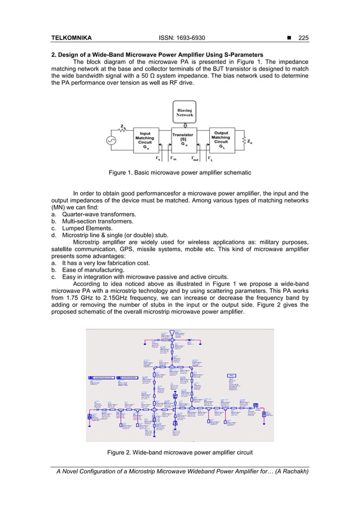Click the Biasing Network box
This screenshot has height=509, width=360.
pos(185,112)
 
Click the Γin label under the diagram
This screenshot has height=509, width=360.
pos(174,159)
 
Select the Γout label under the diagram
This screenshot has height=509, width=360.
pos(195,159)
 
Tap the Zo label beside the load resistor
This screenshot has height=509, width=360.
pos(249,142)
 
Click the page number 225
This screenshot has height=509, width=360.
pos(304,38)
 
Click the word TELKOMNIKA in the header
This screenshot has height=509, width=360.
pos(70,38)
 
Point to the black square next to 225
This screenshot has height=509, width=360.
pos(289,38)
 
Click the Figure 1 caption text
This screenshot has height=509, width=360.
pos(180,172)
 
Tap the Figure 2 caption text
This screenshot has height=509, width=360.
pos(179,452)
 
